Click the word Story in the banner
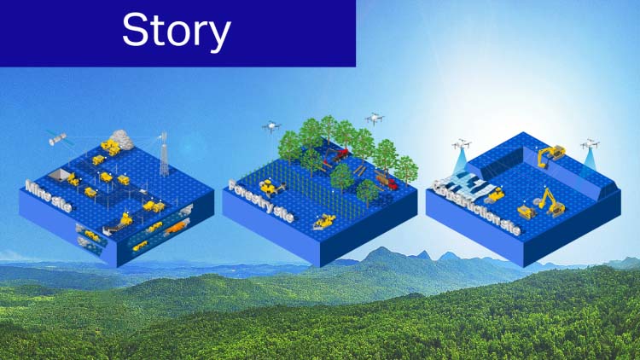pos(176,31)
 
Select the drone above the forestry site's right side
pos(374,119)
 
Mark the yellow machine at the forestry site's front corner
pos(325,222)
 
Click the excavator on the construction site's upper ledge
pos(551,154)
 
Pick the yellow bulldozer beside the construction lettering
pos(495,195)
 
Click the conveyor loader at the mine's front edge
pos(119,224)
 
